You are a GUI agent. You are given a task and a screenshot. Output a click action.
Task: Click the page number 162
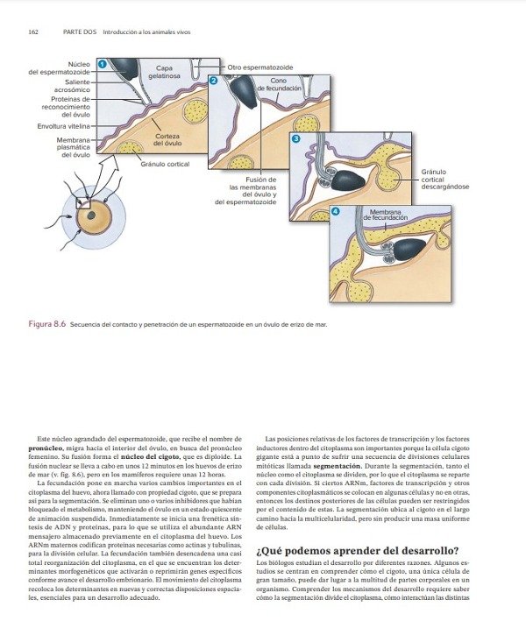coord(33,32)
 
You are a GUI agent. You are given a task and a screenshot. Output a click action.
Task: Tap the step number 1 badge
coord(102,63)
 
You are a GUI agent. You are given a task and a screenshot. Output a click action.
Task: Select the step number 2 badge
coord(213,81)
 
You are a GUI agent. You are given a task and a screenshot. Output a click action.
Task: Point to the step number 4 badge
coord(336,212)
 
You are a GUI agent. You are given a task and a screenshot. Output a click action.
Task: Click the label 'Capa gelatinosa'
coord(165,72)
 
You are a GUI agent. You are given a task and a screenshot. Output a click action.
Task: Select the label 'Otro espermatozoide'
coord(260,67)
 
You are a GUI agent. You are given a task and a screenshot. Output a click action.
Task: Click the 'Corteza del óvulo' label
coord(167,140)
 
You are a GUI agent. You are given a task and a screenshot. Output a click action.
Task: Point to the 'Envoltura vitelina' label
coord(63,126)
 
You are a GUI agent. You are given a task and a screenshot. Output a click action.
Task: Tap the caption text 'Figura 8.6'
coord(49,324)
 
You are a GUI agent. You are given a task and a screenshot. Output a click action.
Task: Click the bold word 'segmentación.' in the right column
coord(340,471)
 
